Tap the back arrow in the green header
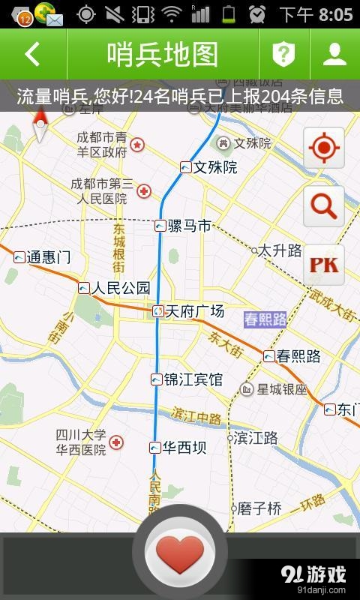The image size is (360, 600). tap(32, 54)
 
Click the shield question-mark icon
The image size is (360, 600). tap(283, 54)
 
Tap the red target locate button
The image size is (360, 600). tap(324, 148)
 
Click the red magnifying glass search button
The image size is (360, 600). tap(324, 206)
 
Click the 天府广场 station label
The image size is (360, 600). tap(193, 311)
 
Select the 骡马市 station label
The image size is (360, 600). tap(188, 225)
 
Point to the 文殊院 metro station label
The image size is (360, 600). tap(214, 167)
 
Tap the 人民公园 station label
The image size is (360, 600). tap(120, 288)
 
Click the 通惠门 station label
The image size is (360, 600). tap(48, 258)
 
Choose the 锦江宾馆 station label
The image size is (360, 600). tap(193, 379)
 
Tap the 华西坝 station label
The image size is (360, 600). tap(184, 448)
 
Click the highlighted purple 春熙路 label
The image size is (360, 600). tap(265, 319)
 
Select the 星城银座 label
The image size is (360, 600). tap(282, 389)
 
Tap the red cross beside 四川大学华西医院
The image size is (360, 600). tap(116, 443)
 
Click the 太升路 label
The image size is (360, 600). tap(279, 250)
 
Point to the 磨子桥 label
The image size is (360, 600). tap(259, 508)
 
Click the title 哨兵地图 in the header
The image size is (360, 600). tap(163, 54)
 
